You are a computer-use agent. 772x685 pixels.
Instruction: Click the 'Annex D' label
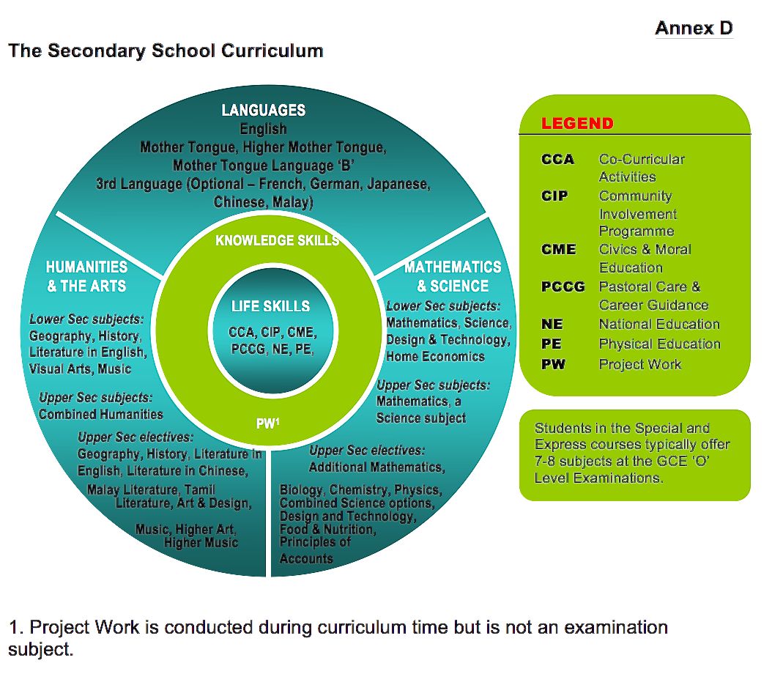693,29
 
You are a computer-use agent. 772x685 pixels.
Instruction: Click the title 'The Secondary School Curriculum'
166,51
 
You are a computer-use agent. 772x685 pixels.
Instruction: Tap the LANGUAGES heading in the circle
263,111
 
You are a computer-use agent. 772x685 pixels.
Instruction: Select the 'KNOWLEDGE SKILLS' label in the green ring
277,240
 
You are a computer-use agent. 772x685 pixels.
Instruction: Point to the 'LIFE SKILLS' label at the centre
270,306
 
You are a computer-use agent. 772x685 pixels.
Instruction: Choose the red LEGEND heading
577,123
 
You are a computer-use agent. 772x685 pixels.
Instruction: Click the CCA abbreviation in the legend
557,159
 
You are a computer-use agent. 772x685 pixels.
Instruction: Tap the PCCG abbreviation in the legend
563,286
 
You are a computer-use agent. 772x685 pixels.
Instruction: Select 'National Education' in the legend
659,324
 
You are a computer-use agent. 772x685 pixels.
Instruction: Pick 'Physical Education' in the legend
659,344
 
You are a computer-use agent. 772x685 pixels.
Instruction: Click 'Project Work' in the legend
639,364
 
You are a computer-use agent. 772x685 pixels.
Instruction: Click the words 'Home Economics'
435,357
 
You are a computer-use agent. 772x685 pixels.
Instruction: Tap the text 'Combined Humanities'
101,414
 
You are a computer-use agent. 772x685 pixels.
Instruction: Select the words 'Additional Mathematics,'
376,467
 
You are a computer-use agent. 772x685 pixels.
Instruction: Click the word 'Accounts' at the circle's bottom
306,558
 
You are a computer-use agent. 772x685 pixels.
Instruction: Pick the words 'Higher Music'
201,543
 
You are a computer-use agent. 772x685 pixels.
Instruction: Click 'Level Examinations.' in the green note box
599,478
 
